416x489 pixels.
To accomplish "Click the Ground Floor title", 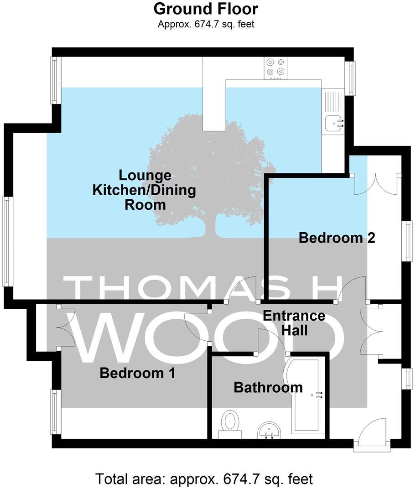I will click(206, 8).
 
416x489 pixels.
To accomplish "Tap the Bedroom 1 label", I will click(137, 374).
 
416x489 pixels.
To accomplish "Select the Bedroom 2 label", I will click(337, 238).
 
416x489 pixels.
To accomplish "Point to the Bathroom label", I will click(268, 388).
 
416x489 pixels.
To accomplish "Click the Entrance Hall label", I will click(294, 323).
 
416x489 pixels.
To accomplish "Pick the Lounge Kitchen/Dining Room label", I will click(145, 190).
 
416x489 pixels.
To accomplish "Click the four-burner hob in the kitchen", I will click(275, 67).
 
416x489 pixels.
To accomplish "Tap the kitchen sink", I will click(334, 122).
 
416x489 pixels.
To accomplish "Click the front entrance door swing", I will click(371, 432).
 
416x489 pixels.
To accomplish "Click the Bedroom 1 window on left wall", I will click(55, 412).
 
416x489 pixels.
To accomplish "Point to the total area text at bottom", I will click(204, 479).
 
